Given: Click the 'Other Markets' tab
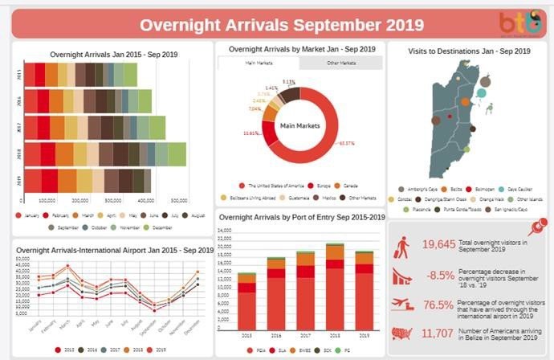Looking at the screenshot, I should pos(340,62).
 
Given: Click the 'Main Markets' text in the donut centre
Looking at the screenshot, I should pos(299,125).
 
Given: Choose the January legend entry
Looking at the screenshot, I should pos(30,215).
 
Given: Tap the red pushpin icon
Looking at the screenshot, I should pos(543,222).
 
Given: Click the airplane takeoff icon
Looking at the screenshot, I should pos(403,304).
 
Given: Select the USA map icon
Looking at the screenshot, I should pos(403,333).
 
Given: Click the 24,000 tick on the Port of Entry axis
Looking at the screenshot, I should pos(226,231).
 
